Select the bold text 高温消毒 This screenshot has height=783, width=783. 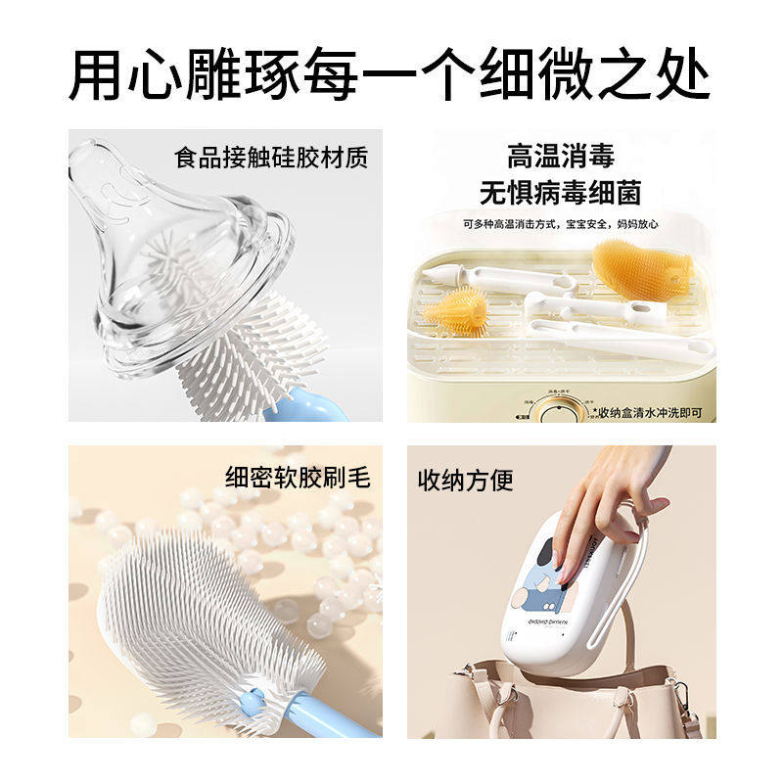click(560, 156)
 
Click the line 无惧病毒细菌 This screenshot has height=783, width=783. click(560, 192)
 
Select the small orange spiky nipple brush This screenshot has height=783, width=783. click(455, 310)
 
